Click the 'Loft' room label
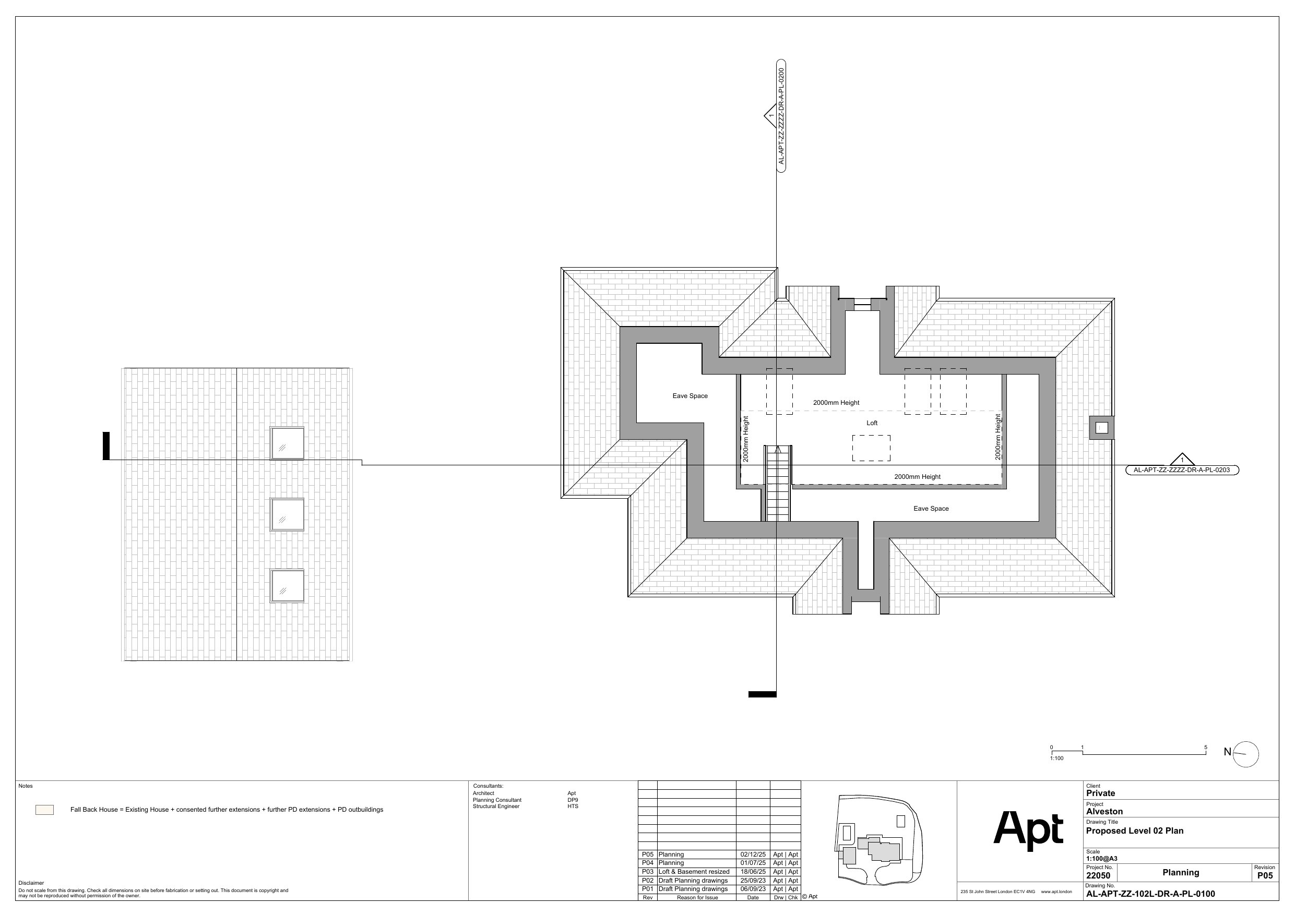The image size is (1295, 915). (x=872, y=423)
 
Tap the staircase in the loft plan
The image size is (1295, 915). (x=778, y=483)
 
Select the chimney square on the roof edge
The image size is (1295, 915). (x=1101, y=428)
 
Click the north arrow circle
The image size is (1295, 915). (x=1246, y=754)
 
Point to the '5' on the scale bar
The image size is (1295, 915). (x=1206, y=748)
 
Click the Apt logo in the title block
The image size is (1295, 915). (x=1028, y=830)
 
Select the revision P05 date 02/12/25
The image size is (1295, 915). (x=753, y=854)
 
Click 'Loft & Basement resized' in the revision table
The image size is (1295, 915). (x=694, y=872)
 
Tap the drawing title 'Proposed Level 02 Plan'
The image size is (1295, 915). (x=1135, y=831)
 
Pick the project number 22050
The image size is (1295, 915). (x=1098, y=876)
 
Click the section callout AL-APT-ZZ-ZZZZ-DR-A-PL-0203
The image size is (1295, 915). (x=1182, y=469)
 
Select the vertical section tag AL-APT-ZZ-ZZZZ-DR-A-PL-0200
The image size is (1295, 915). (x=781, y=116)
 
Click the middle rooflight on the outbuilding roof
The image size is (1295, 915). (x=287, y=515)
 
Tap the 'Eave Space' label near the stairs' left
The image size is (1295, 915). (x=690, y=396)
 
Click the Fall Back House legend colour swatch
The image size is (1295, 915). (x=44, y=810)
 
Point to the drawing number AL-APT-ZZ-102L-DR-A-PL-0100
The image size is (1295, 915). (x=1150, y=894)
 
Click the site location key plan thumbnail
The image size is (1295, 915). (x=878, y=839)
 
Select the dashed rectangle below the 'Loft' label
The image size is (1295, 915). (x=871, y=448)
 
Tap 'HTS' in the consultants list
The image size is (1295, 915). (x=573, y=806)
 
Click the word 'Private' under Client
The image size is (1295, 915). (x=1100, y=793)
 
